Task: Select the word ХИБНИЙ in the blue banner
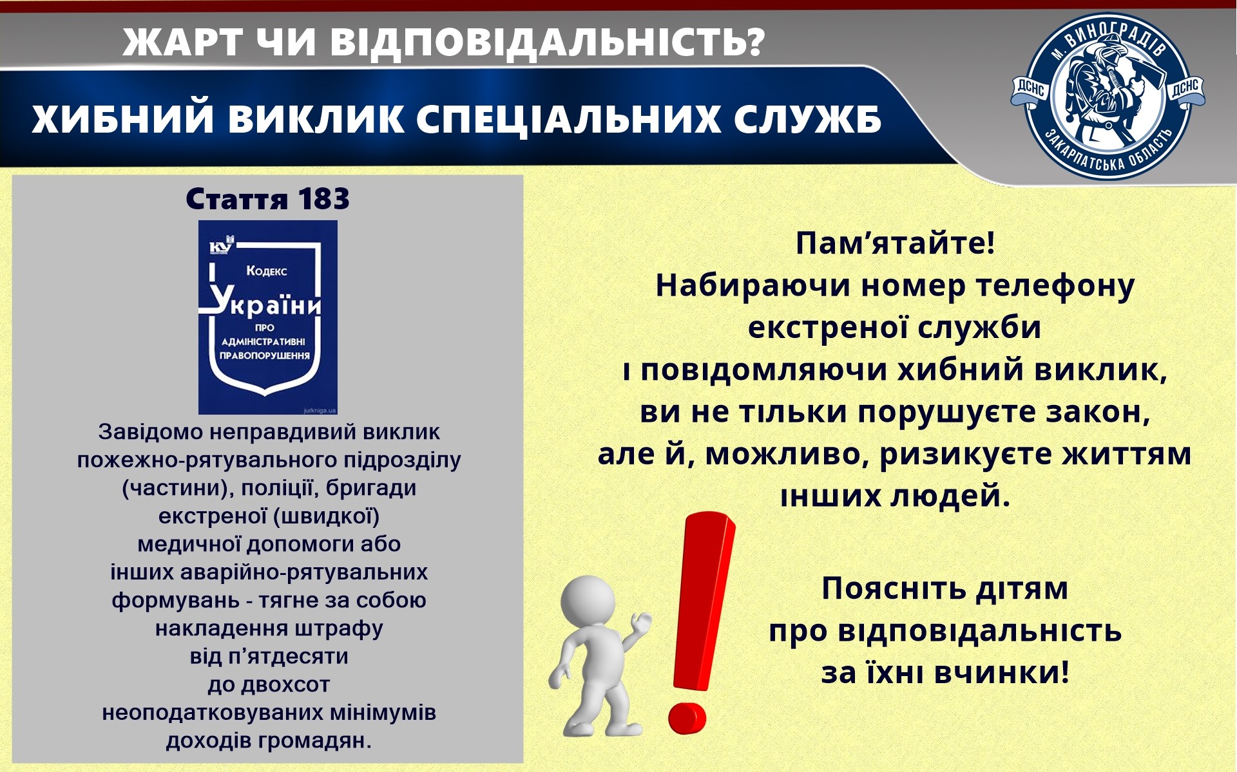pos(122,120)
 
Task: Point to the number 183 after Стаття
pos(323,199)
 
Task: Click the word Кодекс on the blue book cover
pos(267,271)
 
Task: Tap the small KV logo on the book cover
pos(222,247)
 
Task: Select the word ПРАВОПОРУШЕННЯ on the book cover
pos(265,355)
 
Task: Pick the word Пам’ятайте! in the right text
pos(896,243)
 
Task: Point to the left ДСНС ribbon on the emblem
pos(1030,91)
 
